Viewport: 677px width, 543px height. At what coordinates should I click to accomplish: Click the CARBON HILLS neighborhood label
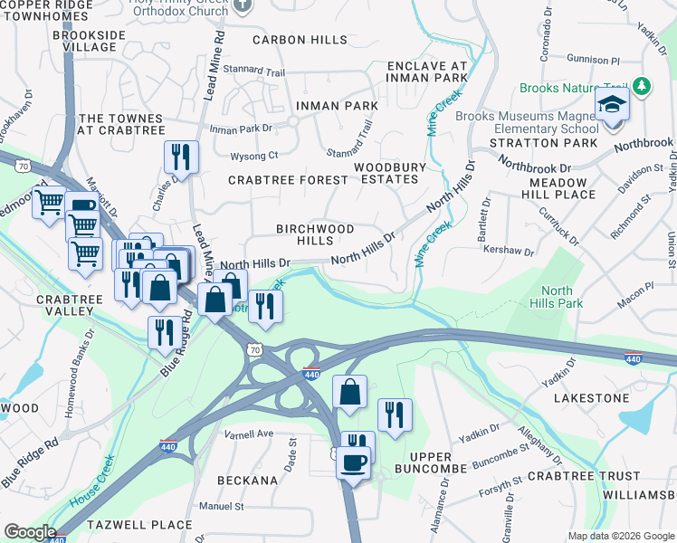tap(300, 40)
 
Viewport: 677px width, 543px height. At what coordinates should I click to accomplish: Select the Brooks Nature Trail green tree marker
tap(642, 87)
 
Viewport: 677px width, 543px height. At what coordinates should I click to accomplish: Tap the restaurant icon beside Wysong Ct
tap(181, 157)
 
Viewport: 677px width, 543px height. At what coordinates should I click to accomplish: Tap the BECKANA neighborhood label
tap(247, 481)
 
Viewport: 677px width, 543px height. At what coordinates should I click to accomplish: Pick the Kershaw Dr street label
tap(505, 250)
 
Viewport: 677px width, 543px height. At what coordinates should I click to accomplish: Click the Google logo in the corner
tap(30, 532)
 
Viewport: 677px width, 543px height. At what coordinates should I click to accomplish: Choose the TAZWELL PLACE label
tap(139, 524)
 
